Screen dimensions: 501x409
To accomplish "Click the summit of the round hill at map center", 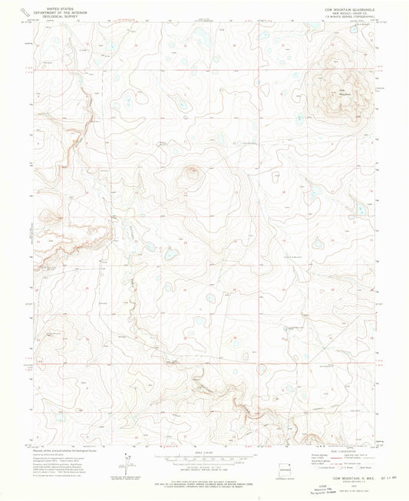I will click(x=190, y=171).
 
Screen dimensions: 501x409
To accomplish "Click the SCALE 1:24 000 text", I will click(x=204, y=451).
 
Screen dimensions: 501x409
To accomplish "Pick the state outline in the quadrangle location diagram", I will click(x=285, y=462).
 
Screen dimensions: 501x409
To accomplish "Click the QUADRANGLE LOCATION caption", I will click(x=285, y=473).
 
